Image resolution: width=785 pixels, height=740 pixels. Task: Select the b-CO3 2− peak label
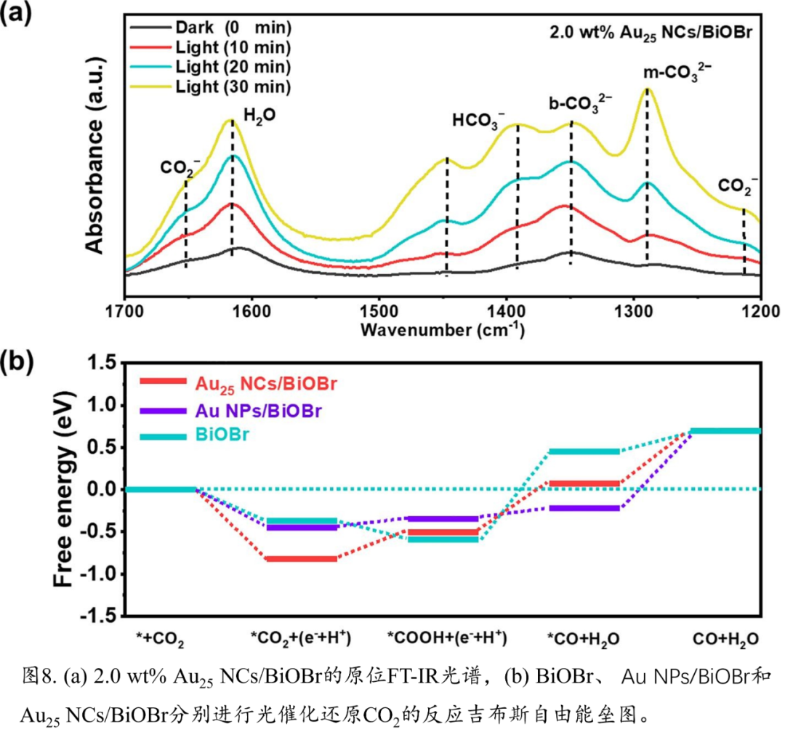click(x=580, y=103)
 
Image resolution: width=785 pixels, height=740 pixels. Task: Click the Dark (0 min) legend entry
click(x=233, y=29)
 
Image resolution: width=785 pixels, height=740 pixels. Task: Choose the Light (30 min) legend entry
click(x=233, y=87)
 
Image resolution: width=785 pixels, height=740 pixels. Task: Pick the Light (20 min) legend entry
click(x=233, y=67)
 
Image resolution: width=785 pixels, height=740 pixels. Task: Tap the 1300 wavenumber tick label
click(x=634, y=310)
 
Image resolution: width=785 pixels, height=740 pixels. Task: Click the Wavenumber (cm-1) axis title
click(x=441, y=330)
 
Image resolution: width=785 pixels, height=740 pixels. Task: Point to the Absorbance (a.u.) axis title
click(x=95, y=156)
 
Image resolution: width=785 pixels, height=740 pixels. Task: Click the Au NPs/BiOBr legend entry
click(x=259, y=411)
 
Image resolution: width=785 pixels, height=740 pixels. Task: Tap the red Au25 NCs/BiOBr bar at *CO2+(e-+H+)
click(x=301, y=558)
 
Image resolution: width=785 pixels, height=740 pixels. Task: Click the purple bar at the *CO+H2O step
click(x=584, y=507)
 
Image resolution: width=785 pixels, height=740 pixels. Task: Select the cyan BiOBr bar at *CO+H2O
click(x=584, y=451)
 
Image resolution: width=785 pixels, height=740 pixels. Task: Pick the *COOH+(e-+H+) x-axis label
click(x=446, y=639)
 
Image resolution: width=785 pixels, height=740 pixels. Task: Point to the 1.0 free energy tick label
click(x=101, y=404)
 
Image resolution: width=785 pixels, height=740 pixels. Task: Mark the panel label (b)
click(x=17, y=362)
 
